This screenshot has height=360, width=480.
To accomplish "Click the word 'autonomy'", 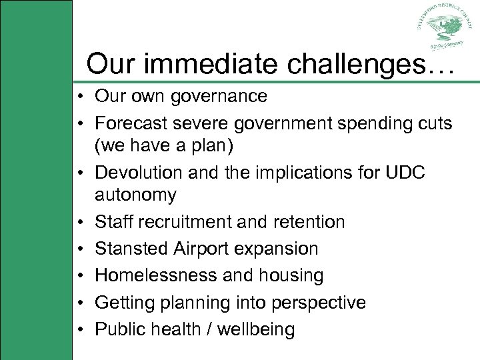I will pos(136,195).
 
